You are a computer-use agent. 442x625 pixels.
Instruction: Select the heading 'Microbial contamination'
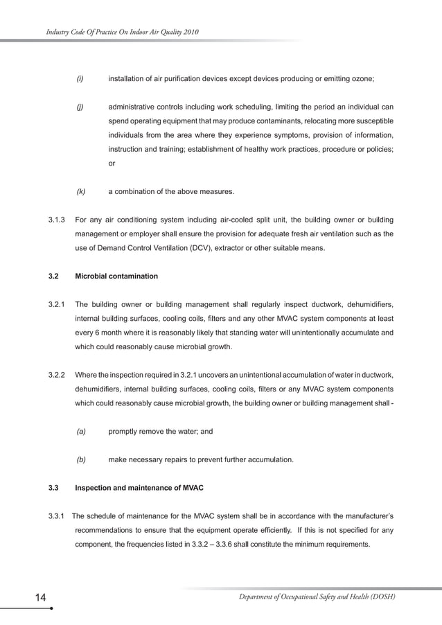[x=116, y=276]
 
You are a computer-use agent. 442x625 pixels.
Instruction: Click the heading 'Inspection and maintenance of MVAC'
[x=139, y=488]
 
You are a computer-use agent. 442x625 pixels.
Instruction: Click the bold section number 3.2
[x=53, y=276]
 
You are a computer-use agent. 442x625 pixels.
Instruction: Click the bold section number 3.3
[x=53, y=488]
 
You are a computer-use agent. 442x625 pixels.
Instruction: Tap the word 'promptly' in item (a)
[x=125, y=431]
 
